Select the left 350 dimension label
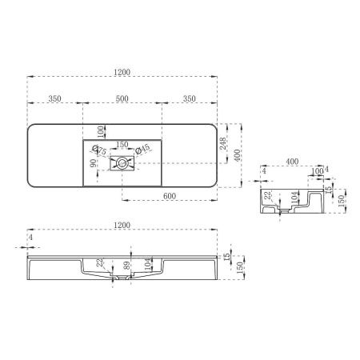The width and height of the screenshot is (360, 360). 54,98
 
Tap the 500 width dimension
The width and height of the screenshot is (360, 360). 122,98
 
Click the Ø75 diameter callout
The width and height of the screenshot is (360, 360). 99,150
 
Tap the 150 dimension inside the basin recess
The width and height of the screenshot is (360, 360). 122,145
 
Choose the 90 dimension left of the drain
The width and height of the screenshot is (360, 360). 94,164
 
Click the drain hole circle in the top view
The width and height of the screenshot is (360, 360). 122,164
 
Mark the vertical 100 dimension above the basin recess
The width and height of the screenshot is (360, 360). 101,130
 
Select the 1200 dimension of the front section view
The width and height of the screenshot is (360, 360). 122,226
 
